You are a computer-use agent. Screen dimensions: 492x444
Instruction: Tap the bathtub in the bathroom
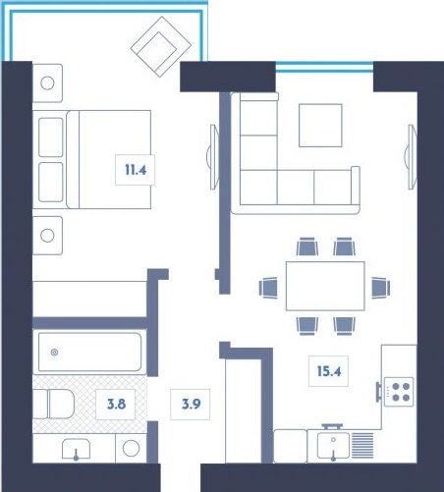[89, 352]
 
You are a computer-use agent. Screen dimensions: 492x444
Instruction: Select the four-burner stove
[399, 392]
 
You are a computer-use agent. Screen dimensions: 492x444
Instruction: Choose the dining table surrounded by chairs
[324, 285]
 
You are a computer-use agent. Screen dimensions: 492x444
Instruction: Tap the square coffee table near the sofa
[321, 125]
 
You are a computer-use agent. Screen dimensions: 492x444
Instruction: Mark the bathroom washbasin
[77, 450]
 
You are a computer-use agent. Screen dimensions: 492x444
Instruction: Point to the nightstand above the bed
[49, 81]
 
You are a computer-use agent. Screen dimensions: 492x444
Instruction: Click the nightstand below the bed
[49, 235]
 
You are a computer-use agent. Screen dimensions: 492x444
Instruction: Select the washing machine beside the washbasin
[131, 450]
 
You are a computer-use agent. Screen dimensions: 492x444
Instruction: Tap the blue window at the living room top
[324, 67]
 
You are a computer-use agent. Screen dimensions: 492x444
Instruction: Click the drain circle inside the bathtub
[55, 352]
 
